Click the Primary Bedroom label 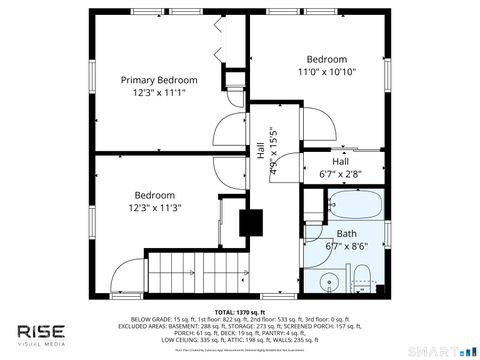[159, 80]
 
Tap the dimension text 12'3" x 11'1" [159, 93]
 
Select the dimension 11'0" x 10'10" [327, 72]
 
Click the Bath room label [346, 233]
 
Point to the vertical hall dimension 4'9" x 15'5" [273, 150]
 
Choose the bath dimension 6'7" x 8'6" [346, 245]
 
